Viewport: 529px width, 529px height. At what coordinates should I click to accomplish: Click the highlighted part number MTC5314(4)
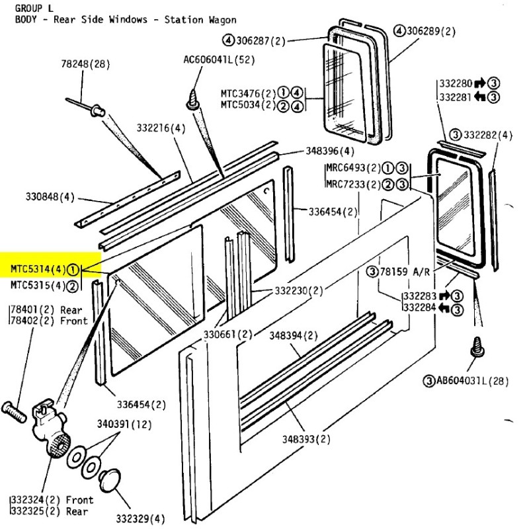38,268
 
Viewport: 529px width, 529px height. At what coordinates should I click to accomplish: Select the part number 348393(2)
306,438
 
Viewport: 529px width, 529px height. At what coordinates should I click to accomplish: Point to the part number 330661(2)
228,333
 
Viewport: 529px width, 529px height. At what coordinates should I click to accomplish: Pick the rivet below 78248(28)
96,108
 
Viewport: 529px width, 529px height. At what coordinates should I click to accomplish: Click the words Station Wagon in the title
202,20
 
